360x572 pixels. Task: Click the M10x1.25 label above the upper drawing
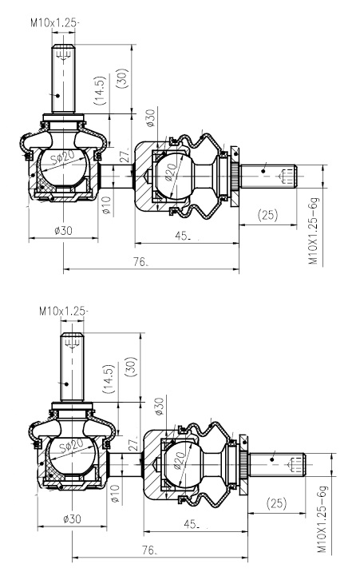(54, 22)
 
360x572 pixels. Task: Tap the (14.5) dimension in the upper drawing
(100, 90)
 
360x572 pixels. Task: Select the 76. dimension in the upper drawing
(140, 262)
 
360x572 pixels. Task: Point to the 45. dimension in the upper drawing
(183, 236)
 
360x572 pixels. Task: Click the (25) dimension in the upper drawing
(268, 214)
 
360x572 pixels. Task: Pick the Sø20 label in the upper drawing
(62, 159)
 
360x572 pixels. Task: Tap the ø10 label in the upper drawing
(106, 205)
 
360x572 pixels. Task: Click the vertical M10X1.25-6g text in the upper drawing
(314, 231)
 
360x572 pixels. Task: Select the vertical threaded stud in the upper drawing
(63, 78)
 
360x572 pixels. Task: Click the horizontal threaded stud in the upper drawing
(268, 177)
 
